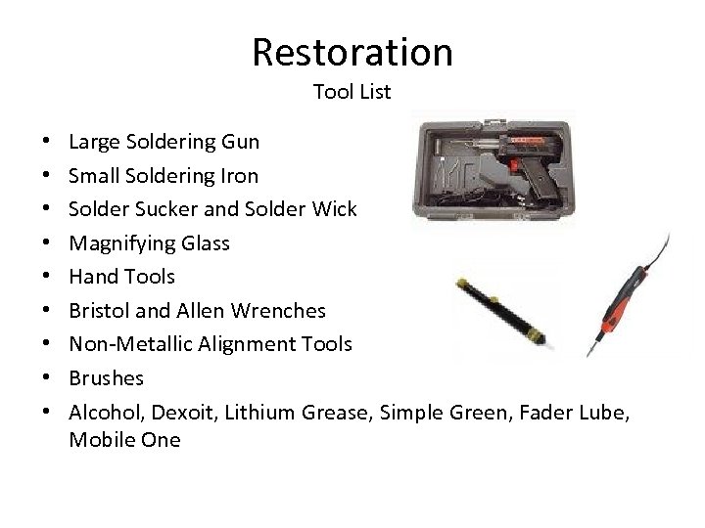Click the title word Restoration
coord(352,52)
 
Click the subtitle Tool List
coord(352,93)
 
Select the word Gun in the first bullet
coord(239,142)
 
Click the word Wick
coord(336,209)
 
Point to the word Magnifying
coord(116,243)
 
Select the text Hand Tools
coord(121,277)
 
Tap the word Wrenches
coord(277,311)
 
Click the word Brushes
coord(106,378)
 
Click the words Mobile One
coord(124,440)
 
